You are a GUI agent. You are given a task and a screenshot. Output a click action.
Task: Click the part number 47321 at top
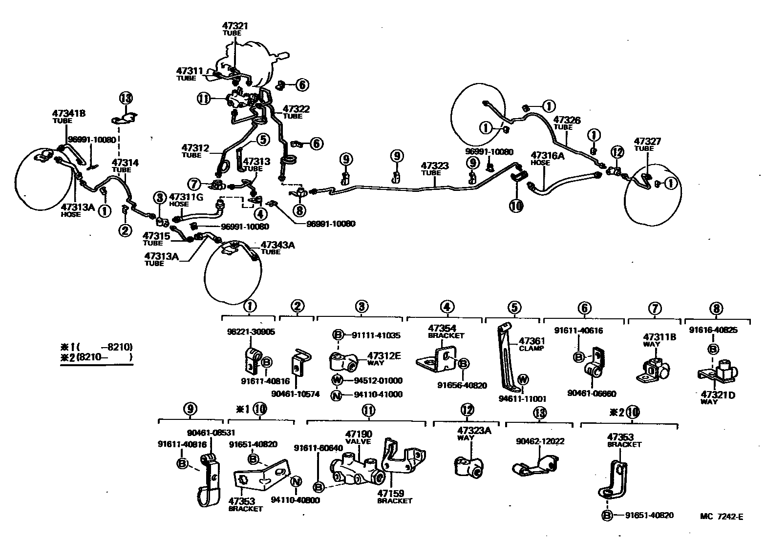click(235, 26)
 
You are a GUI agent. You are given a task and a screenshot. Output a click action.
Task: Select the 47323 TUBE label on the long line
click(435, 169)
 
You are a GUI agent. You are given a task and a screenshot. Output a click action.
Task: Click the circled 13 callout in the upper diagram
click(126, 98)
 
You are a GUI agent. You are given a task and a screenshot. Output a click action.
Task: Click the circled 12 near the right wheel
click(617, 152)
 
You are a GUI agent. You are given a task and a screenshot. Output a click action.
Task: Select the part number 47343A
click(277, 245)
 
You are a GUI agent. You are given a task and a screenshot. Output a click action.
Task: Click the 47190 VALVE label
click(359, 436)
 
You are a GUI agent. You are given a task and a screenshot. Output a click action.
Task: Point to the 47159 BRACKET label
click(394, 497)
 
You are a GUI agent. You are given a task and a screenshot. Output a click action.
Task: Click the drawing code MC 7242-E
click(722, 517)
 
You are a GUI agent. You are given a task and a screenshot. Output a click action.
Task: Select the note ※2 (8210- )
click(96, 357)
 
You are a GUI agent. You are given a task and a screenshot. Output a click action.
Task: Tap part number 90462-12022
click(540, 441)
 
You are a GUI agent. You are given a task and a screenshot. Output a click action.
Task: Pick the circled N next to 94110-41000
click(336, 394)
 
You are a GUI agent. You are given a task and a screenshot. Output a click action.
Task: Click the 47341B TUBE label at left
click(69, 117)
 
